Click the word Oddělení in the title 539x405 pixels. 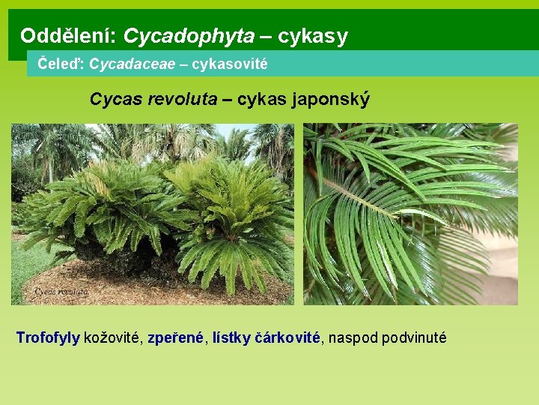click(67, 35)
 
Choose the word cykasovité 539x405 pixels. click(229, 64)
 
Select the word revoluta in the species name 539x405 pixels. click(180, 99)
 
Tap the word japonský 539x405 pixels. click(333, 99)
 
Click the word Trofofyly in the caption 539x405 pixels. click(48, 337)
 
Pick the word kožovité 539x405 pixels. click(114, 337)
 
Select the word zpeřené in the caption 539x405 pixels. click(176, 337)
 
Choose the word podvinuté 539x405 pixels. click(413, 337)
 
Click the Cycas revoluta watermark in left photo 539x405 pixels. click(56, 291)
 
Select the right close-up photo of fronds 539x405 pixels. click(410, 214)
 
